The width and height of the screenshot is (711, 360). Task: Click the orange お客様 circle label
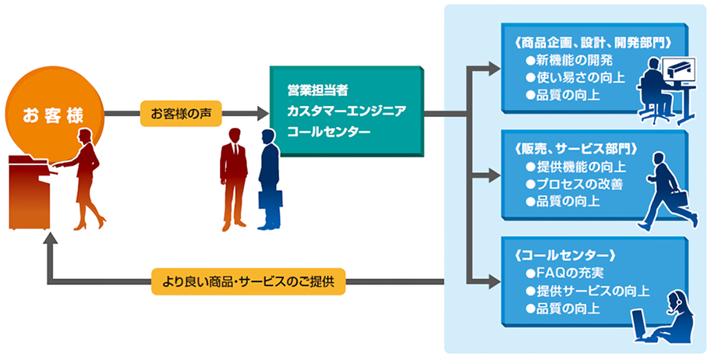[54, 115]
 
